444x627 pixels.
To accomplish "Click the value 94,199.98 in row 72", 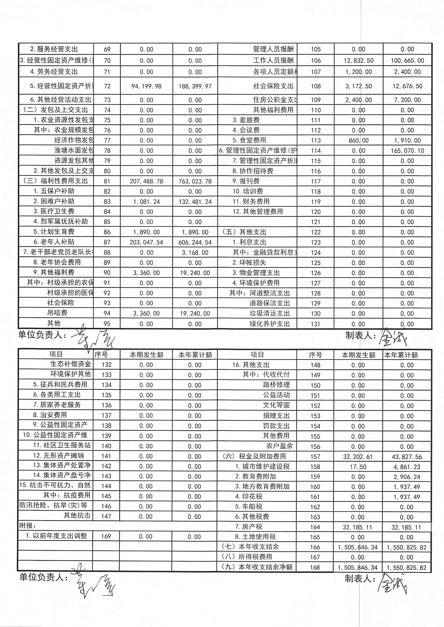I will coord(146,86).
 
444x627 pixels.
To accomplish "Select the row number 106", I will coord(315,61).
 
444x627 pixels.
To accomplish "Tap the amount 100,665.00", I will coord(407,61).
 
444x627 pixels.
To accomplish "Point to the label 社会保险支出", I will coord(273,86).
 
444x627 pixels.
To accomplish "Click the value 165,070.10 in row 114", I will coord(407,151).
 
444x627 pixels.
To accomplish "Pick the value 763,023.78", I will coord(195,181).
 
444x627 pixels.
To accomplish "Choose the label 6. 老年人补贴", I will coord(54,242).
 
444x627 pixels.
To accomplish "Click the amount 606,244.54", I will coord(195,242).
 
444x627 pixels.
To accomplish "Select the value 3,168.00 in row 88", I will coord(195,252).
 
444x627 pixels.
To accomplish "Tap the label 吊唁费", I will coord(57,313).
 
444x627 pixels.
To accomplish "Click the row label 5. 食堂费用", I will coord(249,141).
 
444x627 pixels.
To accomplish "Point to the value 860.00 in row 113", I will coord(358,141).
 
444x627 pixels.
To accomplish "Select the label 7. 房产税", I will coord(248,527).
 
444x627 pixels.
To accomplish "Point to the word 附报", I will coord(27,526).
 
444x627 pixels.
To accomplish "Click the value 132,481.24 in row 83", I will coord(195,202).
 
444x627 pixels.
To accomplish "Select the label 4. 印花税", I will coord(248,496).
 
